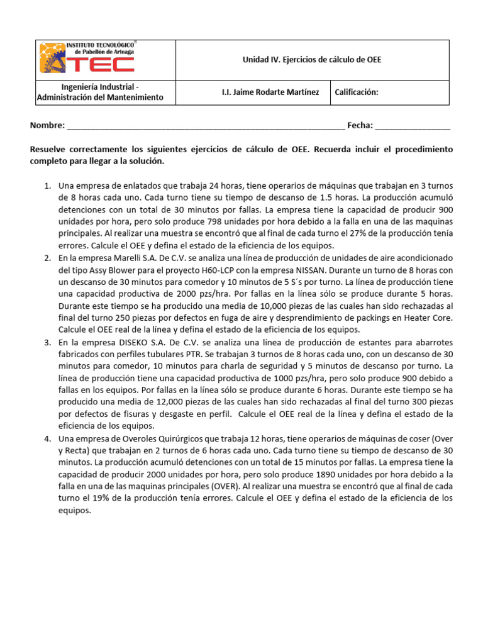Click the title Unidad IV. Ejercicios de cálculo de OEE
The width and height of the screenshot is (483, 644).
click(312, 60)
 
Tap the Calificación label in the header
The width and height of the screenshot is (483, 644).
click(357, 92)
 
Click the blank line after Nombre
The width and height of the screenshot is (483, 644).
click(205, 126)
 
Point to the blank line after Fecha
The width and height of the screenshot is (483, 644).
click(413, 126)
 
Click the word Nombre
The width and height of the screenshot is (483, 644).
click(47, 126)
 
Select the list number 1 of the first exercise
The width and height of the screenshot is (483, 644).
click(47, 186)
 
